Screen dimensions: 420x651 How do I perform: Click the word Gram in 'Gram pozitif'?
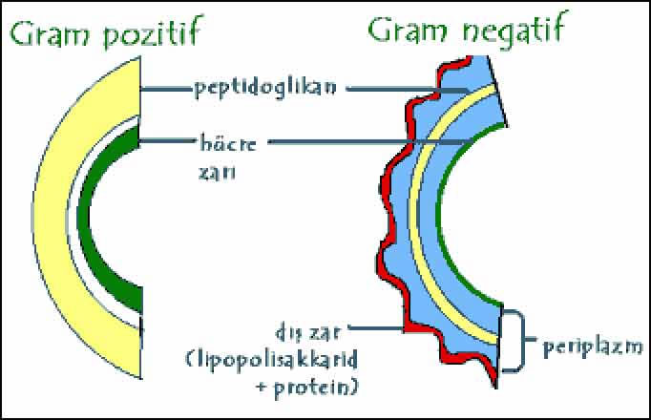pos(51,37)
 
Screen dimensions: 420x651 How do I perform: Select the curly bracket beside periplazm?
pos(519,340)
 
